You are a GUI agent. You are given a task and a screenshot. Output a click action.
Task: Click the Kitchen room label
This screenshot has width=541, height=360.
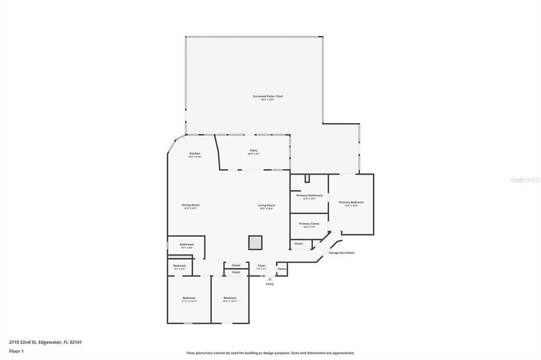pyautogui.click(x=195, y=154)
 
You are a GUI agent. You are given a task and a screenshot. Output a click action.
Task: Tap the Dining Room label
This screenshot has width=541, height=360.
pyautogui.click(x=191, y=205)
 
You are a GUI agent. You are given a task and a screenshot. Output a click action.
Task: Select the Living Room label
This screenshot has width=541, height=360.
pyautogui.click(x=266, y=205)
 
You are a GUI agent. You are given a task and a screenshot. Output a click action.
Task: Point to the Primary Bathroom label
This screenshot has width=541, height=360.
pyautogui.click(x=309, y=195)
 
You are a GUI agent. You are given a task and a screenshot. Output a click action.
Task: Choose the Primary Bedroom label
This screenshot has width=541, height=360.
pyautogui.click(x=351, y=202)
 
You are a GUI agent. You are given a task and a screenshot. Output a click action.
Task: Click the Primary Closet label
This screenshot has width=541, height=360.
pyautogui.click(x=309, y=224)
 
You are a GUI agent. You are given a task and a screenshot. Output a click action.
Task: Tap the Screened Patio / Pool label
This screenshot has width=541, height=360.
pyautogui.click(x=267, y=96)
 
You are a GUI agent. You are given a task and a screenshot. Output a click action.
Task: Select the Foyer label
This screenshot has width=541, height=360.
pyautogui.click(x=262, y=266)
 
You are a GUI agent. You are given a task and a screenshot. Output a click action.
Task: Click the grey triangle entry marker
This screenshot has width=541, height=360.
pyautogui.click(x=269, y=279)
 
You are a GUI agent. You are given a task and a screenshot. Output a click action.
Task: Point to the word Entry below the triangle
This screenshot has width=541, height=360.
pyautogui.click(x=269, y=284)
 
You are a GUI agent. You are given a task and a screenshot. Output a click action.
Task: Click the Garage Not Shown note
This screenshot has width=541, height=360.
pyautogui.click(x=341, y=253)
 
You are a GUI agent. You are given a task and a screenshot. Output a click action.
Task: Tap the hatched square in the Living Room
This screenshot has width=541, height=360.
pyautogui.click(x=255, y=242)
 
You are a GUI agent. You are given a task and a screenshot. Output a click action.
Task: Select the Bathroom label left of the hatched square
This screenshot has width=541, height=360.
pyautogui.click(x=186, y=244)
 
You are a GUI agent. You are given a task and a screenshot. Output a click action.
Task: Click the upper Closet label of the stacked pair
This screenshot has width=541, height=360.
pyautogui.click(x=236, y=265)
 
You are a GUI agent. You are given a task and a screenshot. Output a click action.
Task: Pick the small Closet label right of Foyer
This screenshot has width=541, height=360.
pyautogui.click(x=282, y=269)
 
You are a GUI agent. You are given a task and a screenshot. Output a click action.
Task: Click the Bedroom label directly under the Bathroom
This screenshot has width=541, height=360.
pyautogui.click(x=180, y=266)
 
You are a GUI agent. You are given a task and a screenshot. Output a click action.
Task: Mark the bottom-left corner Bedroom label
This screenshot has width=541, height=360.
pyautogui.click(x=189, y=298)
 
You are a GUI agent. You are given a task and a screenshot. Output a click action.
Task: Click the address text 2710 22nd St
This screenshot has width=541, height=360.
pyautogui.click(x=45, y=342)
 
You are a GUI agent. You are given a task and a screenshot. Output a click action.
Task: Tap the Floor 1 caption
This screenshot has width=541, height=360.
pyautogui.click(x=16, y=351)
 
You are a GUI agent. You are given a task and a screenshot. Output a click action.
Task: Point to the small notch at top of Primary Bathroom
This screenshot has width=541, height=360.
pyautogui.click(x=307, y=178)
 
